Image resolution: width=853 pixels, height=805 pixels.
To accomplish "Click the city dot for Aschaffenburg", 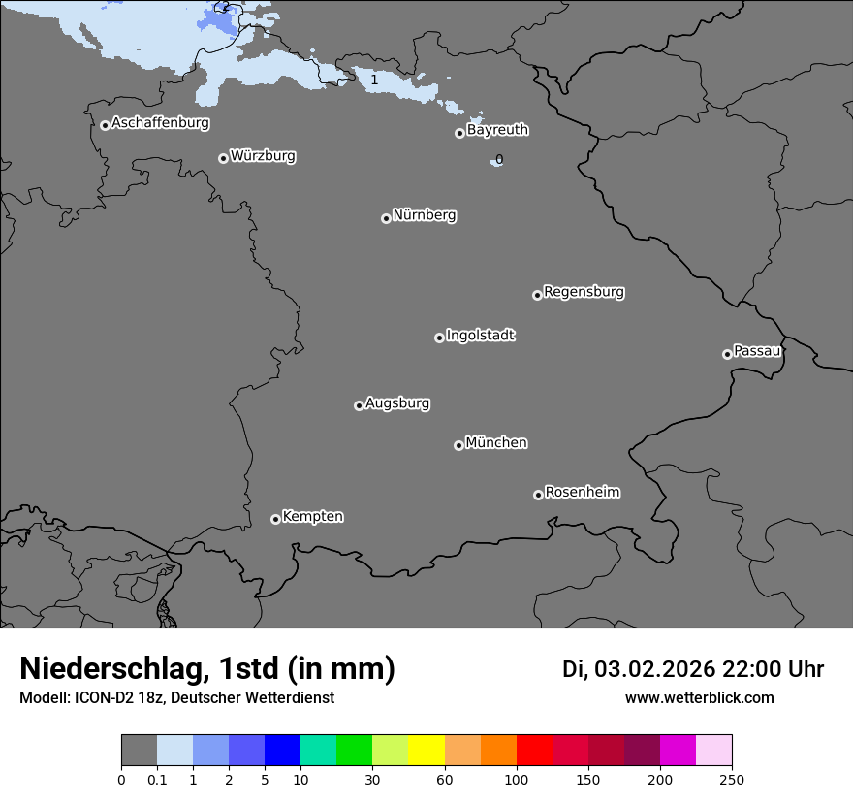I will [x=105, y=125].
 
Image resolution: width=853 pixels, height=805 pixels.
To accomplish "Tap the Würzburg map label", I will [x=263, y=156].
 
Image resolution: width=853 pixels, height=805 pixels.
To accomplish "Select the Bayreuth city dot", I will [x=459, y=133].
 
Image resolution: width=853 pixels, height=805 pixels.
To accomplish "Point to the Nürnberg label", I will [x=425, y=215].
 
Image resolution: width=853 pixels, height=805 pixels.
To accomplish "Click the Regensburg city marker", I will [x=537, y=295].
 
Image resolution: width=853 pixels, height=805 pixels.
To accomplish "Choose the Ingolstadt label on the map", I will [x=481, y=336].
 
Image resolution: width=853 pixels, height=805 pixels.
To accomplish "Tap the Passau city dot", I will [x=727, y=354].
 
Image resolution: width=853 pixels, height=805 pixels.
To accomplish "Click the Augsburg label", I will [x=397, y=403].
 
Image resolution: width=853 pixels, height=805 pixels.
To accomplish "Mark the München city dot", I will [x=458, y=445].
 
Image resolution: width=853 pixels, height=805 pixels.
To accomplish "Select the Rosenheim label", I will [x=583, y=493].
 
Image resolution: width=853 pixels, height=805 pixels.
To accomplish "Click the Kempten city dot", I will [x=275, y=519].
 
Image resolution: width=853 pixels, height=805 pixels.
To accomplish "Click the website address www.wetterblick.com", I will [x=700, y=698].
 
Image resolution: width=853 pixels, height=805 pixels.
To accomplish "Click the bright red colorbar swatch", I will [x=534, y=751].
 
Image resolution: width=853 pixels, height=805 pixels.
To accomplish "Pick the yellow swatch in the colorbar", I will [x=426, y=751].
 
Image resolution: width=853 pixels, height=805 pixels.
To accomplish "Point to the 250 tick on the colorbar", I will [x=732, y=779].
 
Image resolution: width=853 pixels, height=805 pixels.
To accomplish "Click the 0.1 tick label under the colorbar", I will [x=157, y=779].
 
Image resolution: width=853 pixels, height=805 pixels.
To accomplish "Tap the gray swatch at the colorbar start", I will [x=139, y=751].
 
